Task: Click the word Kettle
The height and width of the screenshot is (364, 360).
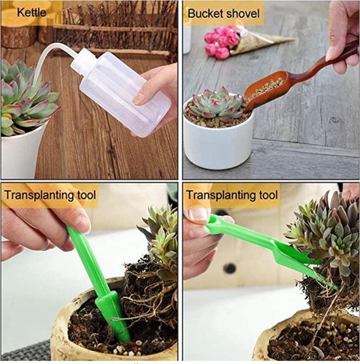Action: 31,12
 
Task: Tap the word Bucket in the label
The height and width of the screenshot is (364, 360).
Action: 204,13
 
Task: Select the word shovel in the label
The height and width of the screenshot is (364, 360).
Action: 242,13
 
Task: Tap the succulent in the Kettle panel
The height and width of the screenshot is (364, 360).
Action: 23,98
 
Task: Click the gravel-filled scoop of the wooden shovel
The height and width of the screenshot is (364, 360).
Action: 265,92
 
